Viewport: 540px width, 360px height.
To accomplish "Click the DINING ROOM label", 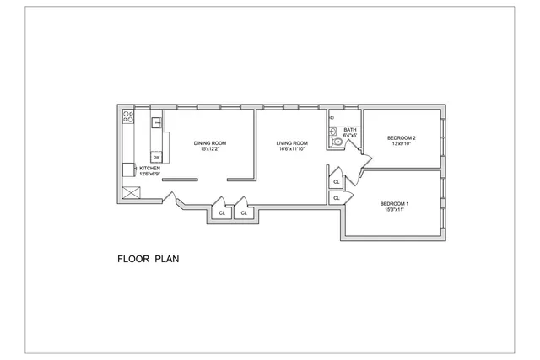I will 209,143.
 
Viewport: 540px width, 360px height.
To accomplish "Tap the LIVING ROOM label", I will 292,143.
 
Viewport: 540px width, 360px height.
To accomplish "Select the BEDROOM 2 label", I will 402,137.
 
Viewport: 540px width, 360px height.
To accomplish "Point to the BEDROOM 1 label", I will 394,203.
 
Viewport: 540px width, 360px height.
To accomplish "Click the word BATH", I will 349,129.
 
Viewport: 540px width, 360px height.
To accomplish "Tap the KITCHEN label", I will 138,168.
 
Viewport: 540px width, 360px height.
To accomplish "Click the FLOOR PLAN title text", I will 148,259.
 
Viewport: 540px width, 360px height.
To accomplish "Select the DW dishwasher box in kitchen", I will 156,157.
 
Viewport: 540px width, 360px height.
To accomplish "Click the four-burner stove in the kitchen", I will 128,118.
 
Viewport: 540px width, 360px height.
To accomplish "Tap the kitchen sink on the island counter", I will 156,123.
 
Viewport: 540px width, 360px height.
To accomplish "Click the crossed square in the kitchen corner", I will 131,192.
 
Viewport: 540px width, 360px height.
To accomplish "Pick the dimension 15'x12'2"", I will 209,149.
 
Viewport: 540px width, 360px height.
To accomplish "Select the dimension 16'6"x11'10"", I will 292,149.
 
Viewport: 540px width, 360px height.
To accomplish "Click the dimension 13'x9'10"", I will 402,143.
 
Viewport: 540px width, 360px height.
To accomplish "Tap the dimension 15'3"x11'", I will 394,209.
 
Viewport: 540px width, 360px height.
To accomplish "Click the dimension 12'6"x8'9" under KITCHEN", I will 138,174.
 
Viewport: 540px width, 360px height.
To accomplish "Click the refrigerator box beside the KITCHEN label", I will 128,169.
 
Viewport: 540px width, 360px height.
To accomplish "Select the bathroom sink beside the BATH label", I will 333,132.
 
